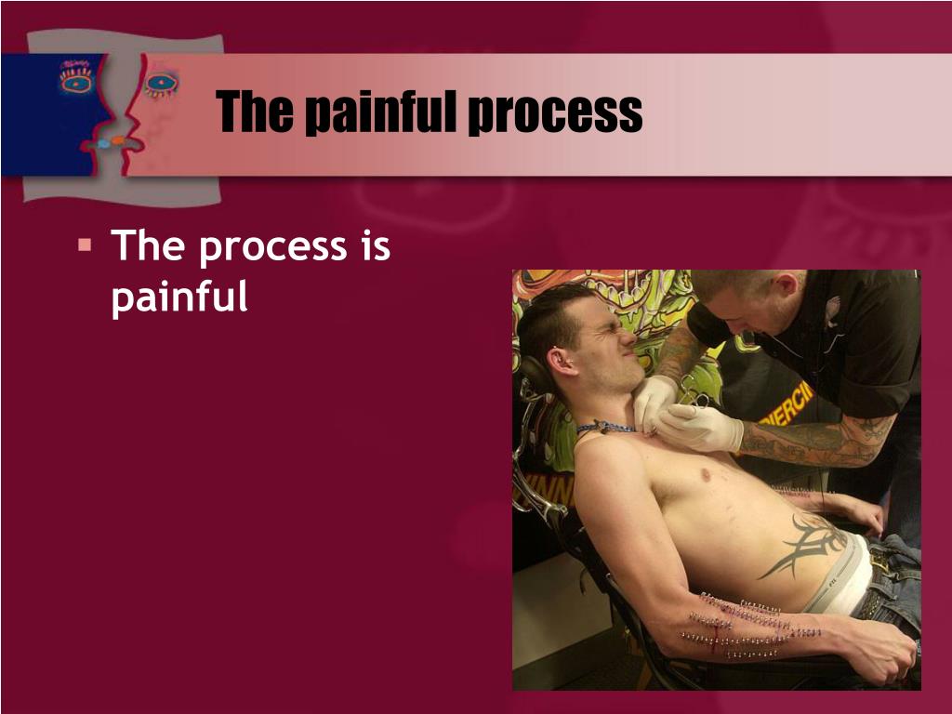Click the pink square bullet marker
[85, 245]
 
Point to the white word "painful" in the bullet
[179, 297]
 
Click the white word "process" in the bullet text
[272, 248]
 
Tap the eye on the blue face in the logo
[76, 80]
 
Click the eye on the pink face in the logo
[161, 83]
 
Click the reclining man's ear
[558, 362]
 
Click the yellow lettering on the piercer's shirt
[788, 403]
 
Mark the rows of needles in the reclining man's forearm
[751, 627]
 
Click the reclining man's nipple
[706, 474]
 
